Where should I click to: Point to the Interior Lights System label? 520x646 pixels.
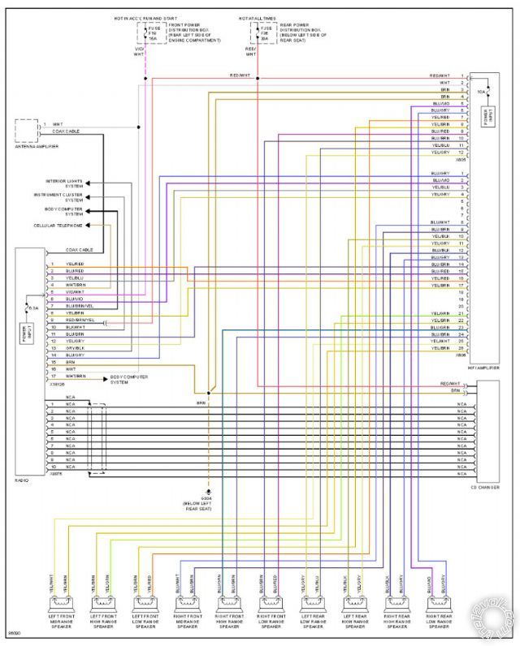pos(63,183)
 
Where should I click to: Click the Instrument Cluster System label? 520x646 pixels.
pos(63,197)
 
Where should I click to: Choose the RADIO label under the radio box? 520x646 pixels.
pos(22,481)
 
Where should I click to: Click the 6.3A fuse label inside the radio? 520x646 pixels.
pos(33,308)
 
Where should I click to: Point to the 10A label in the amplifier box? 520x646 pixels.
pos(480,92)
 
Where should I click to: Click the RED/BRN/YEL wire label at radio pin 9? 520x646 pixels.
pos(80,320)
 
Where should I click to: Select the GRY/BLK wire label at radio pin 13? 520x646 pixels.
pos(75,347)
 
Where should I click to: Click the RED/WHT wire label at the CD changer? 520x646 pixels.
pos(449,383)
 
